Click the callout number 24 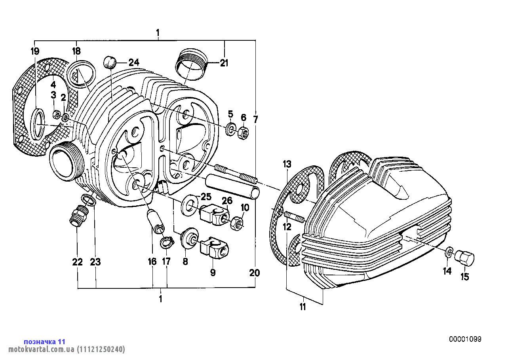click(x=134, y=62)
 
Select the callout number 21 click(x=225, y=63)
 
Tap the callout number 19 click(x=35, y=51)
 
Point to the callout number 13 click(x=287, y=164)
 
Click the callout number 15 click(x=465, y=277)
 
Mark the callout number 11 click(x=303, y=307)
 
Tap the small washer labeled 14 click(x=449, y=252)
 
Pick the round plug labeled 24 click(x=110, y=62)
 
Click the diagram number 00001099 click(x=465, y=339)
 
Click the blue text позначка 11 click(x=44, y=341)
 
